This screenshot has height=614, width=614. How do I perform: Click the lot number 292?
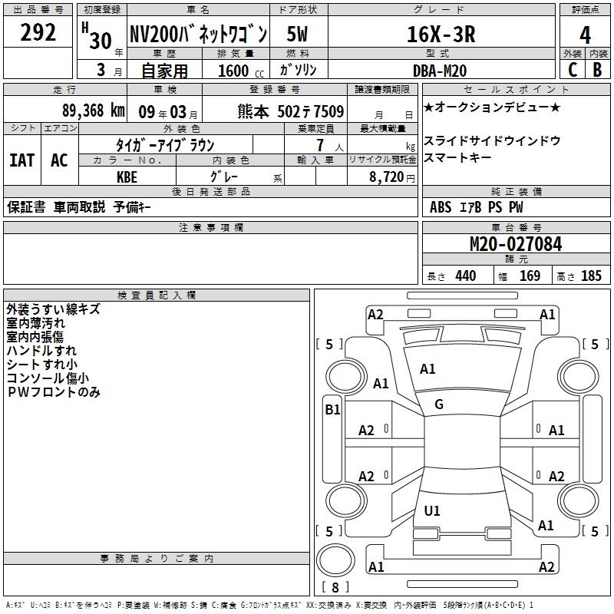point(38,32)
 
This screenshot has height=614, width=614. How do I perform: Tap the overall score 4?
point(585,35)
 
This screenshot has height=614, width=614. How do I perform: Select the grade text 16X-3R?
point(441,34)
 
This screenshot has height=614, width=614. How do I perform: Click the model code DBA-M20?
point(440,71)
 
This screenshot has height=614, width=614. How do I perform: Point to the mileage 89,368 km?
point(94,111)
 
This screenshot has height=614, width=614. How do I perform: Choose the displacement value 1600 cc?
point(241,71)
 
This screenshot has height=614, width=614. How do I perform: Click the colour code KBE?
point(127,177)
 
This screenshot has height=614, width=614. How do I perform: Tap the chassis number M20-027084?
point(516,244)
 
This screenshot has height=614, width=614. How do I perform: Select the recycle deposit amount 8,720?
point(387,177)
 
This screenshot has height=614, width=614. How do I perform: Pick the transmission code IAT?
point(22,160)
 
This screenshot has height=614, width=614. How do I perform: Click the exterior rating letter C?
point(573,70)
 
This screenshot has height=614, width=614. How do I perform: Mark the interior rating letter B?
point(597,70)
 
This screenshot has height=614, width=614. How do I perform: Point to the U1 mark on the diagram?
point(432,510)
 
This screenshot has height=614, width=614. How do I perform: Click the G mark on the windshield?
point(439,404)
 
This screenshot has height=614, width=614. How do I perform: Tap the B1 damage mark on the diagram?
point(332,410)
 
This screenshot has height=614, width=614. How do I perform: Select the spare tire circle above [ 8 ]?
point(335,560)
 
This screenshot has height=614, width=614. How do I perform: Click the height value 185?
point(591,276)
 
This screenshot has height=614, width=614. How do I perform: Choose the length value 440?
point(466,276)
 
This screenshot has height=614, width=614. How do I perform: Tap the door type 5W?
point(297,34)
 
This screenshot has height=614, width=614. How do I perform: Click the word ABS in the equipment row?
point(441,207)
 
